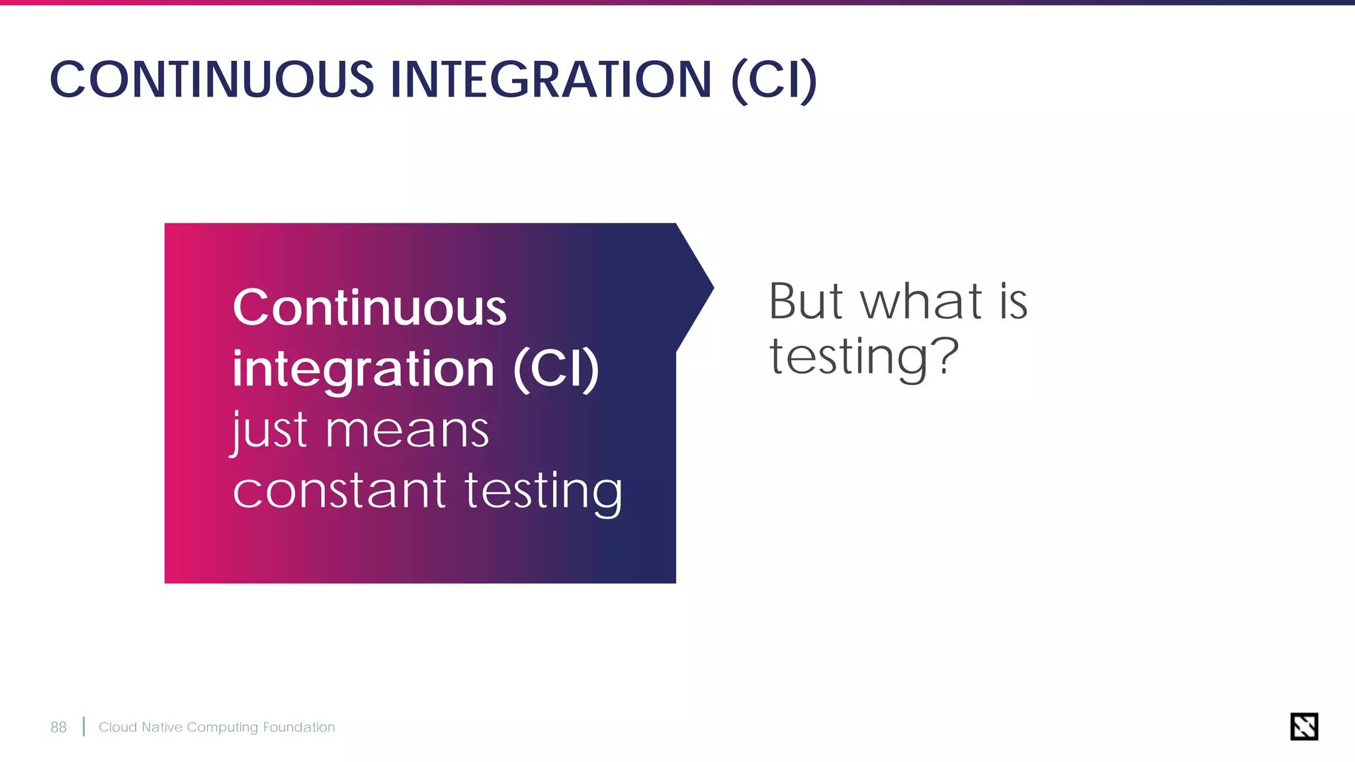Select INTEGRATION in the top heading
551,80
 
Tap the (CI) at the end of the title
774,81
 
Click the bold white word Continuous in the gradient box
369,308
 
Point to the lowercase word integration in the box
363,369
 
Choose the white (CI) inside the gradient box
556,369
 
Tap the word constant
340,491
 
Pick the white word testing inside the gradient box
543,492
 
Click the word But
805,302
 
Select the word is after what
1013,302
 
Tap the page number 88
58,728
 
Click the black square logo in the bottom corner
1304,726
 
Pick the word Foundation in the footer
299,728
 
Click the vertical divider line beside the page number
84,726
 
